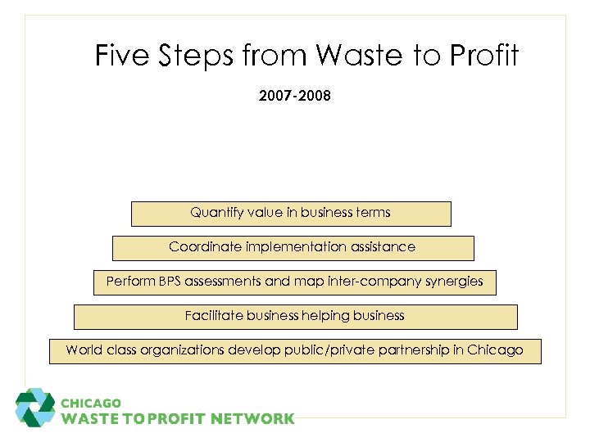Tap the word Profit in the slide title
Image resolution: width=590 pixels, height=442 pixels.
point(483,56)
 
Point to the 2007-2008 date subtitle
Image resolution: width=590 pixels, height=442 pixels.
point(295,97)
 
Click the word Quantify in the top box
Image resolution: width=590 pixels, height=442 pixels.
point(217,213)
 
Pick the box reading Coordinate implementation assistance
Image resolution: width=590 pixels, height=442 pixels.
point(293,247)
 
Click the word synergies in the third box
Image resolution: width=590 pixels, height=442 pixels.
point(454,282)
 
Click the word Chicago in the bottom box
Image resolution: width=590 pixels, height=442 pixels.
point(495,350)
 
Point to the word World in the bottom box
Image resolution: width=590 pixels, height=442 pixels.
point(83,350)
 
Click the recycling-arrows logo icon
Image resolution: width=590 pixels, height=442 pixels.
point(35,408)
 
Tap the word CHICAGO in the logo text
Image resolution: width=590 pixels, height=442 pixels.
point(92,404)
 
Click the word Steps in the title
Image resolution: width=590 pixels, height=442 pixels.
point(195,56)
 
